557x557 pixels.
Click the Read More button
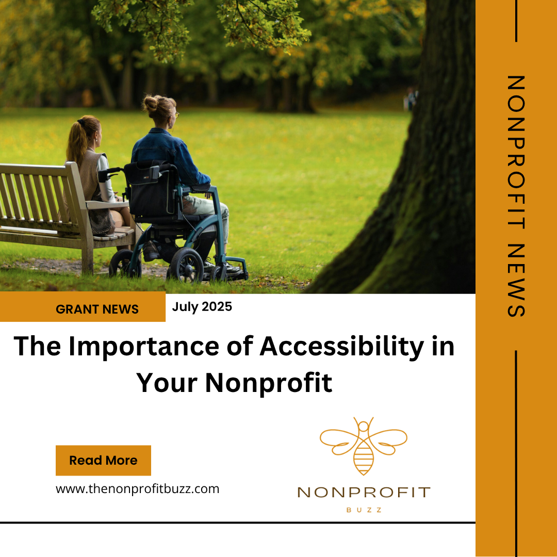point(103,461)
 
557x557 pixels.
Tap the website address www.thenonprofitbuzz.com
point(138,489)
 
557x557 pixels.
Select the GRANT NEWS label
point(97,309)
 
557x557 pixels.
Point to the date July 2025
point(202,306)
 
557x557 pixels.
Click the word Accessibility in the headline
point(342,346)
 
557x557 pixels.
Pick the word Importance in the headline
point(143,347)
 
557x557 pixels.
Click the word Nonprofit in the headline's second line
point(269,383)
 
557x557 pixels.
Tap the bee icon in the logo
point(364,446)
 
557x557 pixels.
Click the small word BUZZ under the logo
point(364,510)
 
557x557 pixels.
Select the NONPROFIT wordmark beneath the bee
point(364,493)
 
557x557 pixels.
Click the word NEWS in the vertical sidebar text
point(516,280)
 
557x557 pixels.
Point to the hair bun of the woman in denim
point(151,103)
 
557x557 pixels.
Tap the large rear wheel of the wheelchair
point(186,266)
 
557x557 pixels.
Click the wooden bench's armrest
point(107,204)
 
